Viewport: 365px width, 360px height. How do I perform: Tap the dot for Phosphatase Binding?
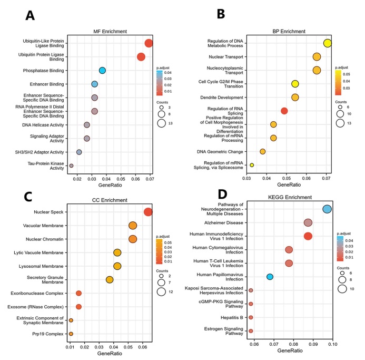point(103,71)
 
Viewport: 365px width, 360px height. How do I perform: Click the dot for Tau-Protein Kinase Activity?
point(71,166)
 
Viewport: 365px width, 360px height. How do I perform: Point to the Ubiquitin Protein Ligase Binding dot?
point(141,57)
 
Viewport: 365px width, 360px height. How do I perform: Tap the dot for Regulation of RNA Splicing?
point(284,111)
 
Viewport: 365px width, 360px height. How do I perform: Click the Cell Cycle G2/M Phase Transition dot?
point(295,84)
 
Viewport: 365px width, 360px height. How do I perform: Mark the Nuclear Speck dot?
point(148,212)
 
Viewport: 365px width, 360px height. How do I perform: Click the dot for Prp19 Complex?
point(71,334)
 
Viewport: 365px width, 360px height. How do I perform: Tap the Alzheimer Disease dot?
point(308,223)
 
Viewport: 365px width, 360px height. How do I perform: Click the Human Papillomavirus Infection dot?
point(270,277)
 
